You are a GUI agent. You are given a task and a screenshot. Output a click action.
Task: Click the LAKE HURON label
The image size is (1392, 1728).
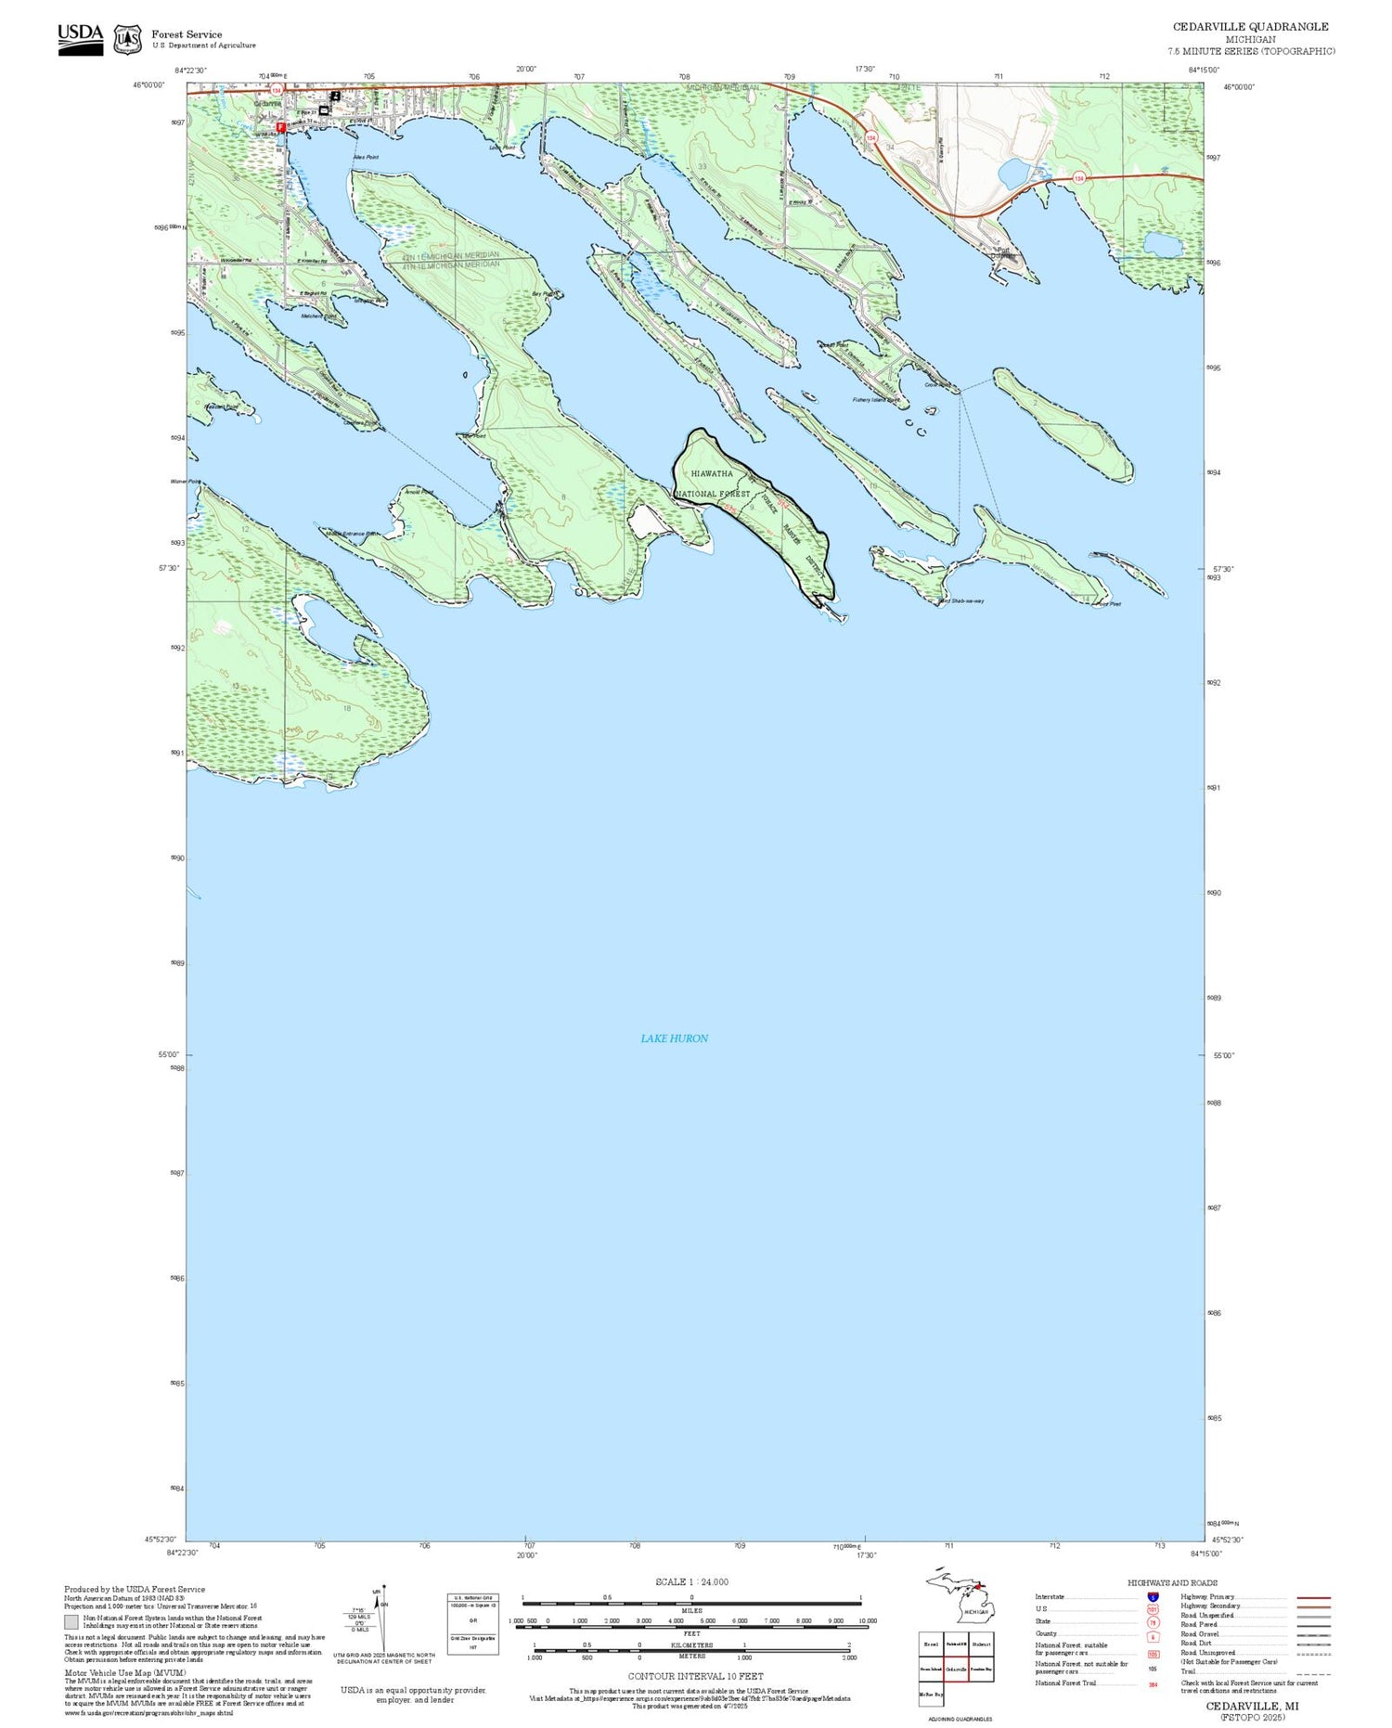(674, 1038)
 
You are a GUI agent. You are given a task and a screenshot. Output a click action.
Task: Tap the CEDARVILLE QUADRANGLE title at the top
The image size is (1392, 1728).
(1250, 27)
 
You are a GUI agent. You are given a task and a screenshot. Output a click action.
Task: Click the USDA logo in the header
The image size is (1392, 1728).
(81, 39)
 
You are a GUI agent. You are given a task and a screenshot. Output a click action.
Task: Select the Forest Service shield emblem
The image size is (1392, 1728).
(127, 40)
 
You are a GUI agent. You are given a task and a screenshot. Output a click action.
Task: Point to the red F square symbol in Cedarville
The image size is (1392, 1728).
(280, 127)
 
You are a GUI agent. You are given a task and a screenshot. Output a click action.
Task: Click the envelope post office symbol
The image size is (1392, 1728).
(324, 110)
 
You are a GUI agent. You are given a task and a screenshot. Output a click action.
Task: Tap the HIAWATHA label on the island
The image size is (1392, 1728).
(712, 473)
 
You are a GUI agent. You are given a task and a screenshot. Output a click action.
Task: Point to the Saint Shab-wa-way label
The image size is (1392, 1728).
(961, 601)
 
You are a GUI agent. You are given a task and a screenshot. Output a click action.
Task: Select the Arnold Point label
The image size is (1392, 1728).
(418, 492)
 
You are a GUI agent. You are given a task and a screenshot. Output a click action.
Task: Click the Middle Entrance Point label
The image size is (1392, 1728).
(352, 534)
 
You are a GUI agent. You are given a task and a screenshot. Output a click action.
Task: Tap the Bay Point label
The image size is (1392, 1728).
(545, 294)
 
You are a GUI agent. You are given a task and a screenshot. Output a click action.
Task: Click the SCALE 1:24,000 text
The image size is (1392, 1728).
(692, 1582)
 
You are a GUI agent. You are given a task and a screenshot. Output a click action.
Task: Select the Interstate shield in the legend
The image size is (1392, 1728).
(1153, 1596)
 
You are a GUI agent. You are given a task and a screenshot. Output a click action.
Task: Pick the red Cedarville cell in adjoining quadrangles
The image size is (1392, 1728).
(956, 1669)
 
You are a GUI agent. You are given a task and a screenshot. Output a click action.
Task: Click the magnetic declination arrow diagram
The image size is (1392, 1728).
(380, 1619)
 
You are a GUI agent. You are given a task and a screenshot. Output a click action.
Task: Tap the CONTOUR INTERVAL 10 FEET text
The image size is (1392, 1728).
(695, 1676)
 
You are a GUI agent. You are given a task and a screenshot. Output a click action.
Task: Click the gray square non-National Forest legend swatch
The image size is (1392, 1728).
(71, 1622)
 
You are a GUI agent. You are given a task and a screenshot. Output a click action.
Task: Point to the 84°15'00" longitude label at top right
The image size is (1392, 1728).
(1203, 70)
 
